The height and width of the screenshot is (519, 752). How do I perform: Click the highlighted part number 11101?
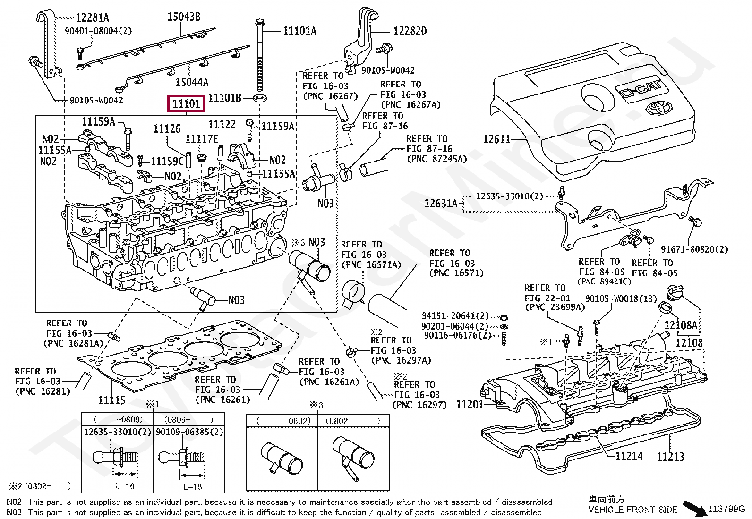[186, 104]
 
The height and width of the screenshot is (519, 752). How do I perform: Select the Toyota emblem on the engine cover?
[659, 109]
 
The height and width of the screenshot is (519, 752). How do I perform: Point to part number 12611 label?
[496, 139]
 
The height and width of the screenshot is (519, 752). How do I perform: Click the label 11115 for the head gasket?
[111, 400]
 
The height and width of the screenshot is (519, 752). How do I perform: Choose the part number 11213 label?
[670, 457]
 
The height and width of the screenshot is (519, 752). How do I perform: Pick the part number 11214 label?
[629, 457]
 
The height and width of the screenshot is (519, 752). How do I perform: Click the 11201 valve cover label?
[470, 405]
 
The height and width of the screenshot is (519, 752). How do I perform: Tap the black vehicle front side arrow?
[694, 508]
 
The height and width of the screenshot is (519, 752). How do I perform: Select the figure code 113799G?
[726, 509]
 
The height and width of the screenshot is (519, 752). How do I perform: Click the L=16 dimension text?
[125, 486]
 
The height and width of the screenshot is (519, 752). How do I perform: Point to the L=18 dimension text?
[192, 486]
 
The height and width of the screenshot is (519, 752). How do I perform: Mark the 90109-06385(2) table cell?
[189, 432]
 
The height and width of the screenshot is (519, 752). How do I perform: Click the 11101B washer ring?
[259, 99]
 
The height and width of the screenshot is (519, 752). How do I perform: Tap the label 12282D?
[410, 31]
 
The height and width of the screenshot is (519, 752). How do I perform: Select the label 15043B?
[184, 17]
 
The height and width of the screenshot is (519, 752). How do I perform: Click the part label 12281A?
[92, 17]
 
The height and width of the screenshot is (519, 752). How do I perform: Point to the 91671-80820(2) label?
[694, 249]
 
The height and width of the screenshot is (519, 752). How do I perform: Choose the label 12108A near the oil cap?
[681, 325]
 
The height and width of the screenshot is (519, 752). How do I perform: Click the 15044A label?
[192, 82]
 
